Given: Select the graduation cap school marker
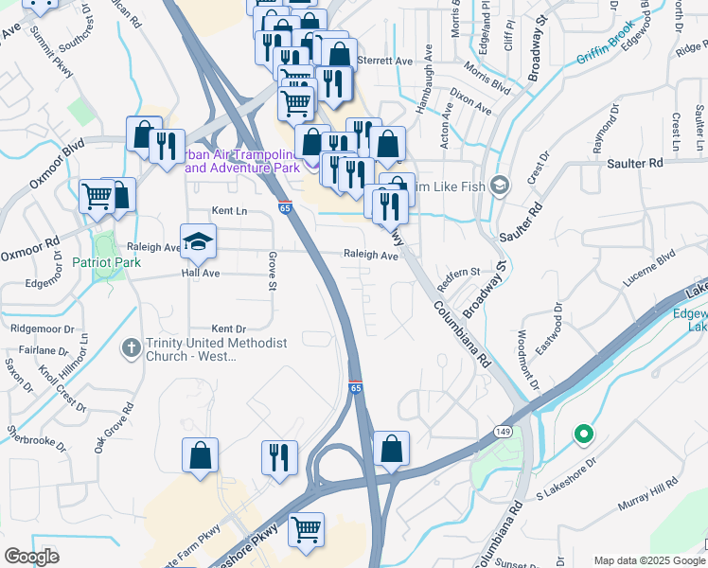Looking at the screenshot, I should coord(199,242).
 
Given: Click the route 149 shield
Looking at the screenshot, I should coord(502,431).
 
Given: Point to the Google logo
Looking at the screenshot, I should coord(31,557).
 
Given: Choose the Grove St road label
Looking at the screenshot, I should coord(273,270).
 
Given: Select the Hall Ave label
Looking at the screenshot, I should coord(201,273).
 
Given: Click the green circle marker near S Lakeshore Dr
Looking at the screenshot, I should coord(584,435).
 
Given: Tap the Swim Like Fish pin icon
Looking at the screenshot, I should coord(501,184).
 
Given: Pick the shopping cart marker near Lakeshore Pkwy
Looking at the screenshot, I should coord(306,530).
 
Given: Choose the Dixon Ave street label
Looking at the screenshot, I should coord(471,101).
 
